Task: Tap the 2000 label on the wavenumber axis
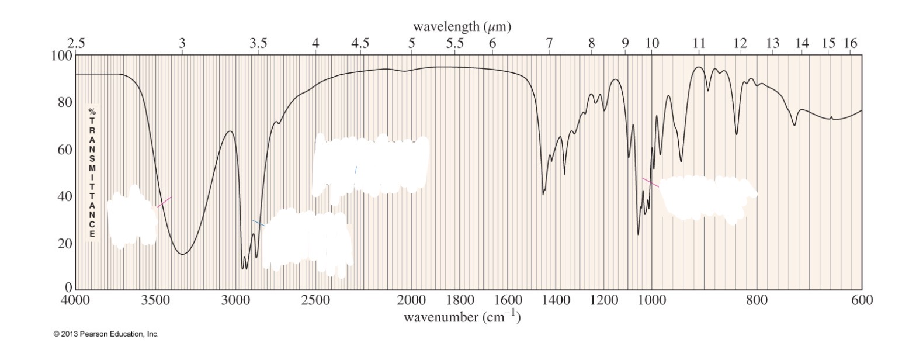click(411, 301)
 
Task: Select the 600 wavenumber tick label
click(862, 301)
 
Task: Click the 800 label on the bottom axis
click(757, 301)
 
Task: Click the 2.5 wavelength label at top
click(76, 43)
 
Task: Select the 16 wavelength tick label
click(850, 43)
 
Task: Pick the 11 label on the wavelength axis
click(699, 43)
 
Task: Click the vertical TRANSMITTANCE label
click(92, 172)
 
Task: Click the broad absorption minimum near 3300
click(183, 254)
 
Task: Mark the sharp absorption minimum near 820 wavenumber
click(737, 134)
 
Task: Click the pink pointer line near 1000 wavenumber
click(650, 182)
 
